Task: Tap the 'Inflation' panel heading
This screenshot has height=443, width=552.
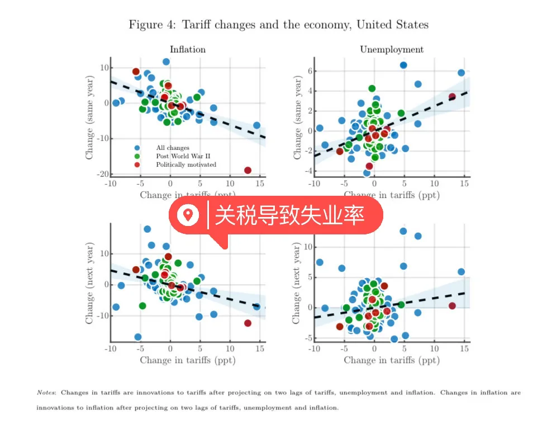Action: [x=187, y=49]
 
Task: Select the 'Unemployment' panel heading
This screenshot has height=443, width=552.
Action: [x=391, y=49]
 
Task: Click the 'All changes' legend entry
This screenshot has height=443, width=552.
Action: [x=172, y=148]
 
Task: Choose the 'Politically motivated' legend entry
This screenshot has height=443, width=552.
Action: [x=185, y=164]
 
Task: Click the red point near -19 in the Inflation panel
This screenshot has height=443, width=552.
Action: [x=248, y=170]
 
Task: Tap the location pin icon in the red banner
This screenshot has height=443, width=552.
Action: [x=188, y=214]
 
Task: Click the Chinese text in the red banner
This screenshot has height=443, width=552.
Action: [x=289, y=214]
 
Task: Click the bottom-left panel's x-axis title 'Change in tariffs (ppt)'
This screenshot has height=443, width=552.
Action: [x=187, y=360]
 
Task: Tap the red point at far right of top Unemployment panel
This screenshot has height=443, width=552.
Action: [x=452, y=97]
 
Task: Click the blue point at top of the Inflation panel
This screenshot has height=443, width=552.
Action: [x=166, y=62]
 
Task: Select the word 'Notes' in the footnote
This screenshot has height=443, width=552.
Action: [x=46, y=393]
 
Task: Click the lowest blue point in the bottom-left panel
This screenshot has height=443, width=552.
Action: [x=137, y=337]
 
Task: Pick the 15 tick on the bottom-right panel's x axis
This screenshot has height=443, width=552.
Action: [x=464, y=348]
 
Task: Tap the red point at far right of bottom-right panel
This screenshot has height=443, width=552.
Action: [x=452, y=305]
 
